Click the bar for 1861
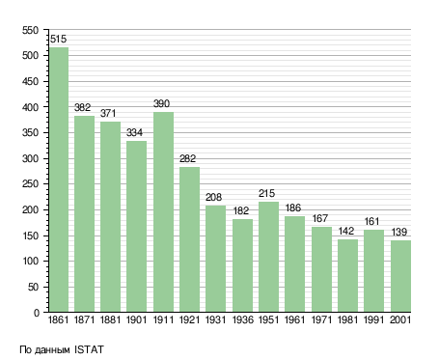click(59, 180)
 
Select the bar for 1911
click(163, 211)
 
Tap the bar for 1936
click(242, 265)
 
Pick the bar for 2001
click(401, 276)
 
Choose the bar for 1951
click(268, 257)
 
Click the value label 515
click(59, 39)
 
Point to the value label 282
click(187, 158)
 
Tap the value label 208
click(213, 197)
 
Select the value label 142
click(346, 231)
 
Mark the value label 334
click(134, 132)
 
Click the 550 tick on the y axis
click(31, 30)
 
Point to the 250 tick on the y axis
click(31, 184)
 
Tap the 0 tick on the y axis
click(37, 313)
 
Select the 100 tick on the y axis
click(31, 261)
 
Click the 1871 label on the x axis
click(84, 319)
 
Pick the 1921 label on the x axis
click(189, 319)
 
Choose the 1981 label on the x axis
click(348, 319)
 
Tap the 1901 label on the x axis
click(136, 319)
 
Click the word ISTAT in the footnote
click(89, 349)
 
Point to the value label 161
click(371, 221)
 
